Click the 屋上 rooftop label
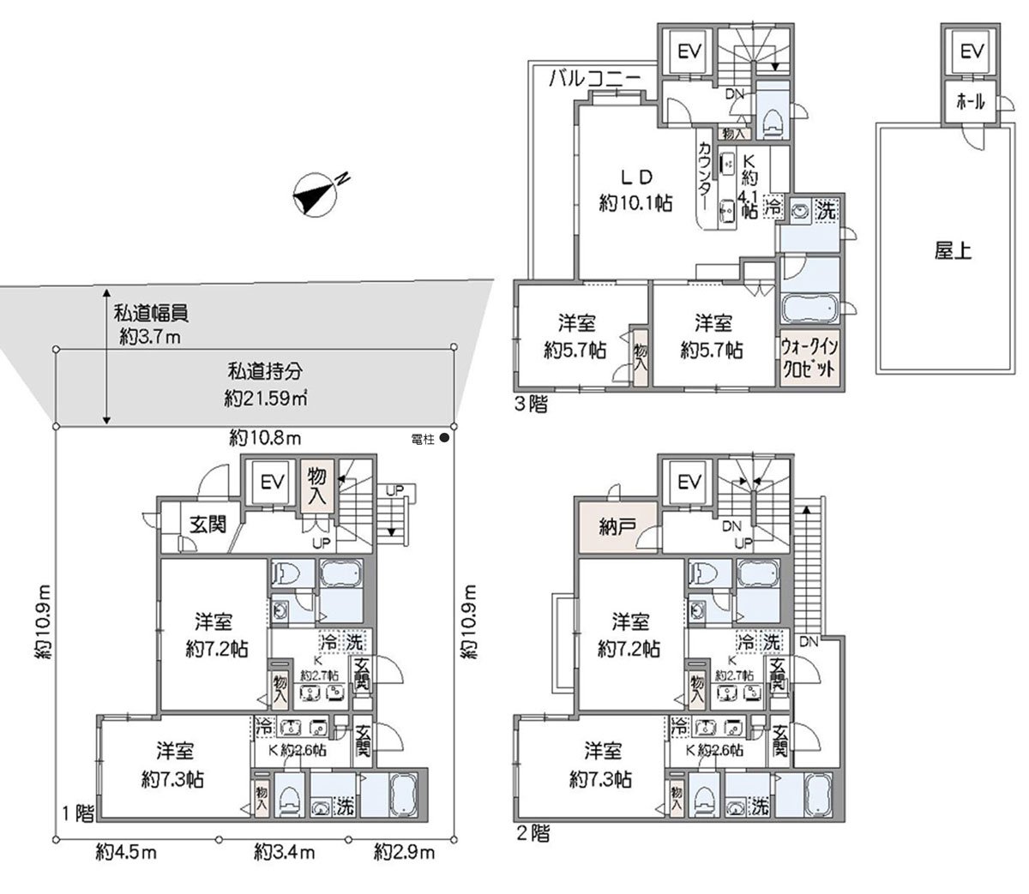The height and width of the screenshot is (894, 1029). coord(952,252)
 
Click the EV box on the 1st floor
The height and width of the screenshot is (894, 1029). coord(272,483)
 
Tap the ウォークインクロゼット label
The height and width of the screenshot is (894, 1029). coord(808,353)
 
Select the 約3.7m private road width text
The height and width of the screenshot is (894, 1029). coord(149,337)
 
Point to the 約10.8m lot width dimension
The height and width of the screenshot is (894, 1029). coord(264,440)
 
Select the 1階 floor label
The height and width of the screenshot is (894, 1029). coord(78,812)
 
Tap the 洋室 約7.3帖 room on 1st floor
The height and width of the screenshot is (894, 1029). coord(174,765)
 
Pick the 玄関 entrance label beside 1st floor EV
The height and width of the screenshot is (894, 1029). coord(208,524)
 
